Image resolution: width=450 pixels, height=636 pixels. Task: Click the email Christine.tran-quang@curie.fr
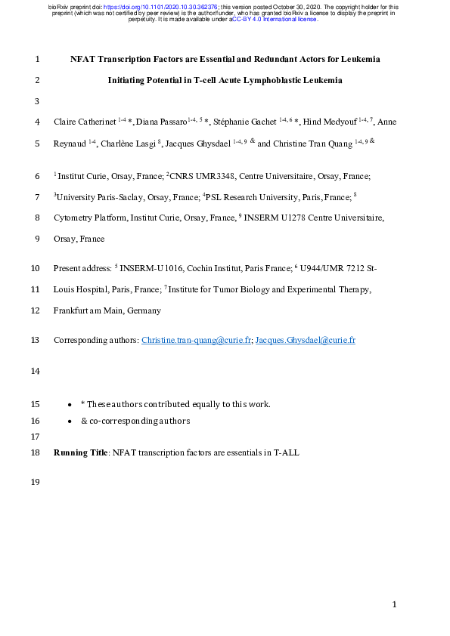click(x=197, y=340)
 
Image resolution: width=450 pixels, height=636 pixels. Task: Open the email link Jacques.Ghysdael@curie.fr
click(x=306, y=340)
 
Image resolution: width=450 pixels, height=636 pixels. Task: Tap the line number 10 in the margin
click(x=36, y=268)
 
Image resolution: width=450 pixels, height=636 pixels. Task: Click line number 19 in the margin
click(x=36, y=483)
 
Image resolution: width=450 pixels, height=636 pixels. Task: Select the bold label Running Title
click(x=81, y=452)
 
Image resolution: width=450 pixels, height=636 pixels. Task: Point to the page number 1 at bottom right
click(x=395, y=604)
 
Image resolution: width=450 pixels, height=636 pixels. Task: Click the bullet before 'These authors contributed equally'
click(x=70, y=404)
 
